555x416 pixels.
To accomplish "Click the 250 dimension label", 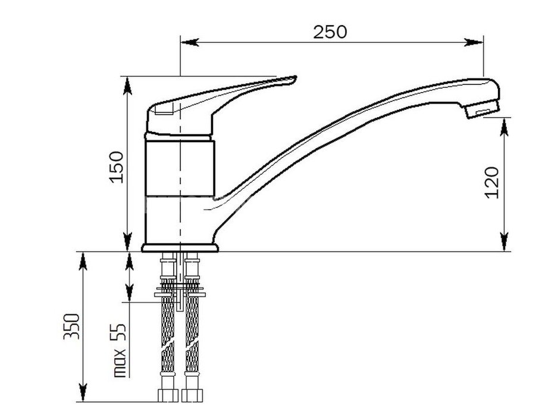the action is (x=330, y=32).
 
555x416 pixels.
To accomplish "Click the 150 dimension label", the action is (x=117, y=167).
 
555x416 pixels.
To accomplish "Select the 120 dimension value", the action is (x=491, y=182).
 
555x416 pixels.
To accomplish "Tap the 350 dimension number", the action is (x=72, y=326).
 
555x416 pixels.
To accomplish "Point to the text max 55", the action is (x=120, y=350).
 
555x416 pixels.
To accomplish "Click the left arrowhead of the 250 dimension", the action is (x=189, y=42).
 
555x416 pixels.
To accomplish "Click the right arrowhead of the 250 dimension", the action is (x=474, y=42).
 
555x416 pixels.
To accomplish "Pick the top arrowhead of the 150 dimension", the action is (x=127, y=86).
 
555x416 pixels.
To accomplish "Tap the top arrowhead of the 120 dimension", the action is (x=504, y=127).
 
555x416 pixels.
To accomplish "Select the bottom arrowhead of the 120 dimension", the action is (x=504, y=242).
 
